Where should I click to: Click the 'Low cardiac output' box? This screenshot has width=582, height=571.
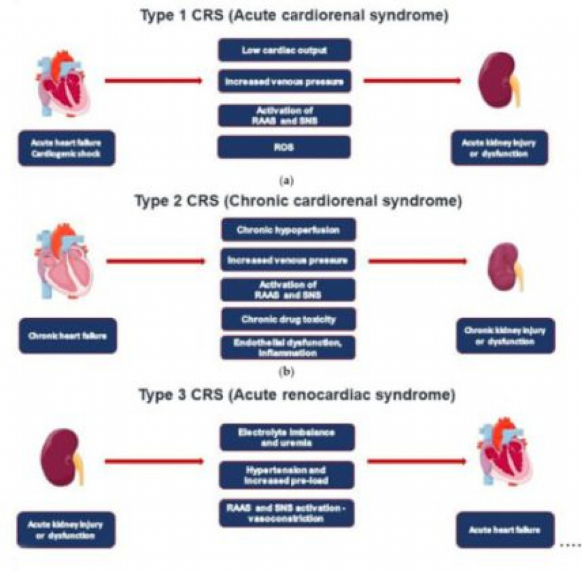click(285, 50)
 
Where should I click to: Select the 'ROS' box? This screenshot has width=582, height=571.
click(285, 147)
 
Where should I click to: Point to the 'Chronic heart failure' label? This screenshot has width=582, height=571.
click(69, 336)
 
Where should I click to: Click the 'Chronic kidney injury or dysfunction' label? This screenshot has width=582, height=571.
click(505, 336)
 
